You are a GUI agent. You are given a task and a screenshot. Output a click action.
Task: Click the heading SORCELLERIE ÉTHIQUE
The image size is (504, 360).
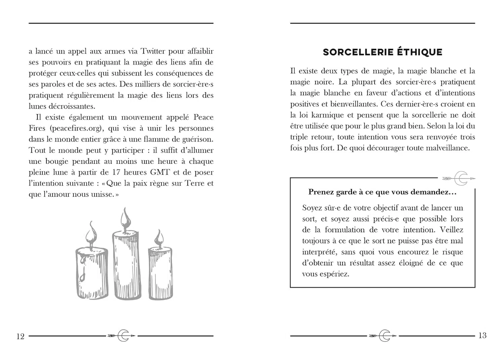[382, 52]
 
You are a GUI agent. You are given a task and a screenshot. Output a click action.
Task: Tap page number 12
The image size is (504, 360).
[20, 336]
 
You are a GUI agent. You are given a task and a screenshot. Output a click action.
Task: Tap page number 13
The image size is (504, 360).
[482, 335]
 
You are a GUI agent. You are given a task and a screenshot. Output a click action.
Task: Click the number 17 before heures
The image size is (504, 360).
[116, 172]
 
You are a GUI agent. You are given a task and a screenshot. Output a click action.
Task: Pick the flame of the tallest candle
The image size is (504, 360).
[126, 218]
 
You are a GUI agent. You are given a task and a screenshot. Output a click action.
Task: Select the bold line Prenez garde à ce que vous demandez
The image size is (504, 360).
[382, 192]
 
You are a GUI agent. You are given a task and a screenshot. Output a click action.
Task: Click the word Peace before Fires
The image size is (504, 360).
[203, 118]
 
